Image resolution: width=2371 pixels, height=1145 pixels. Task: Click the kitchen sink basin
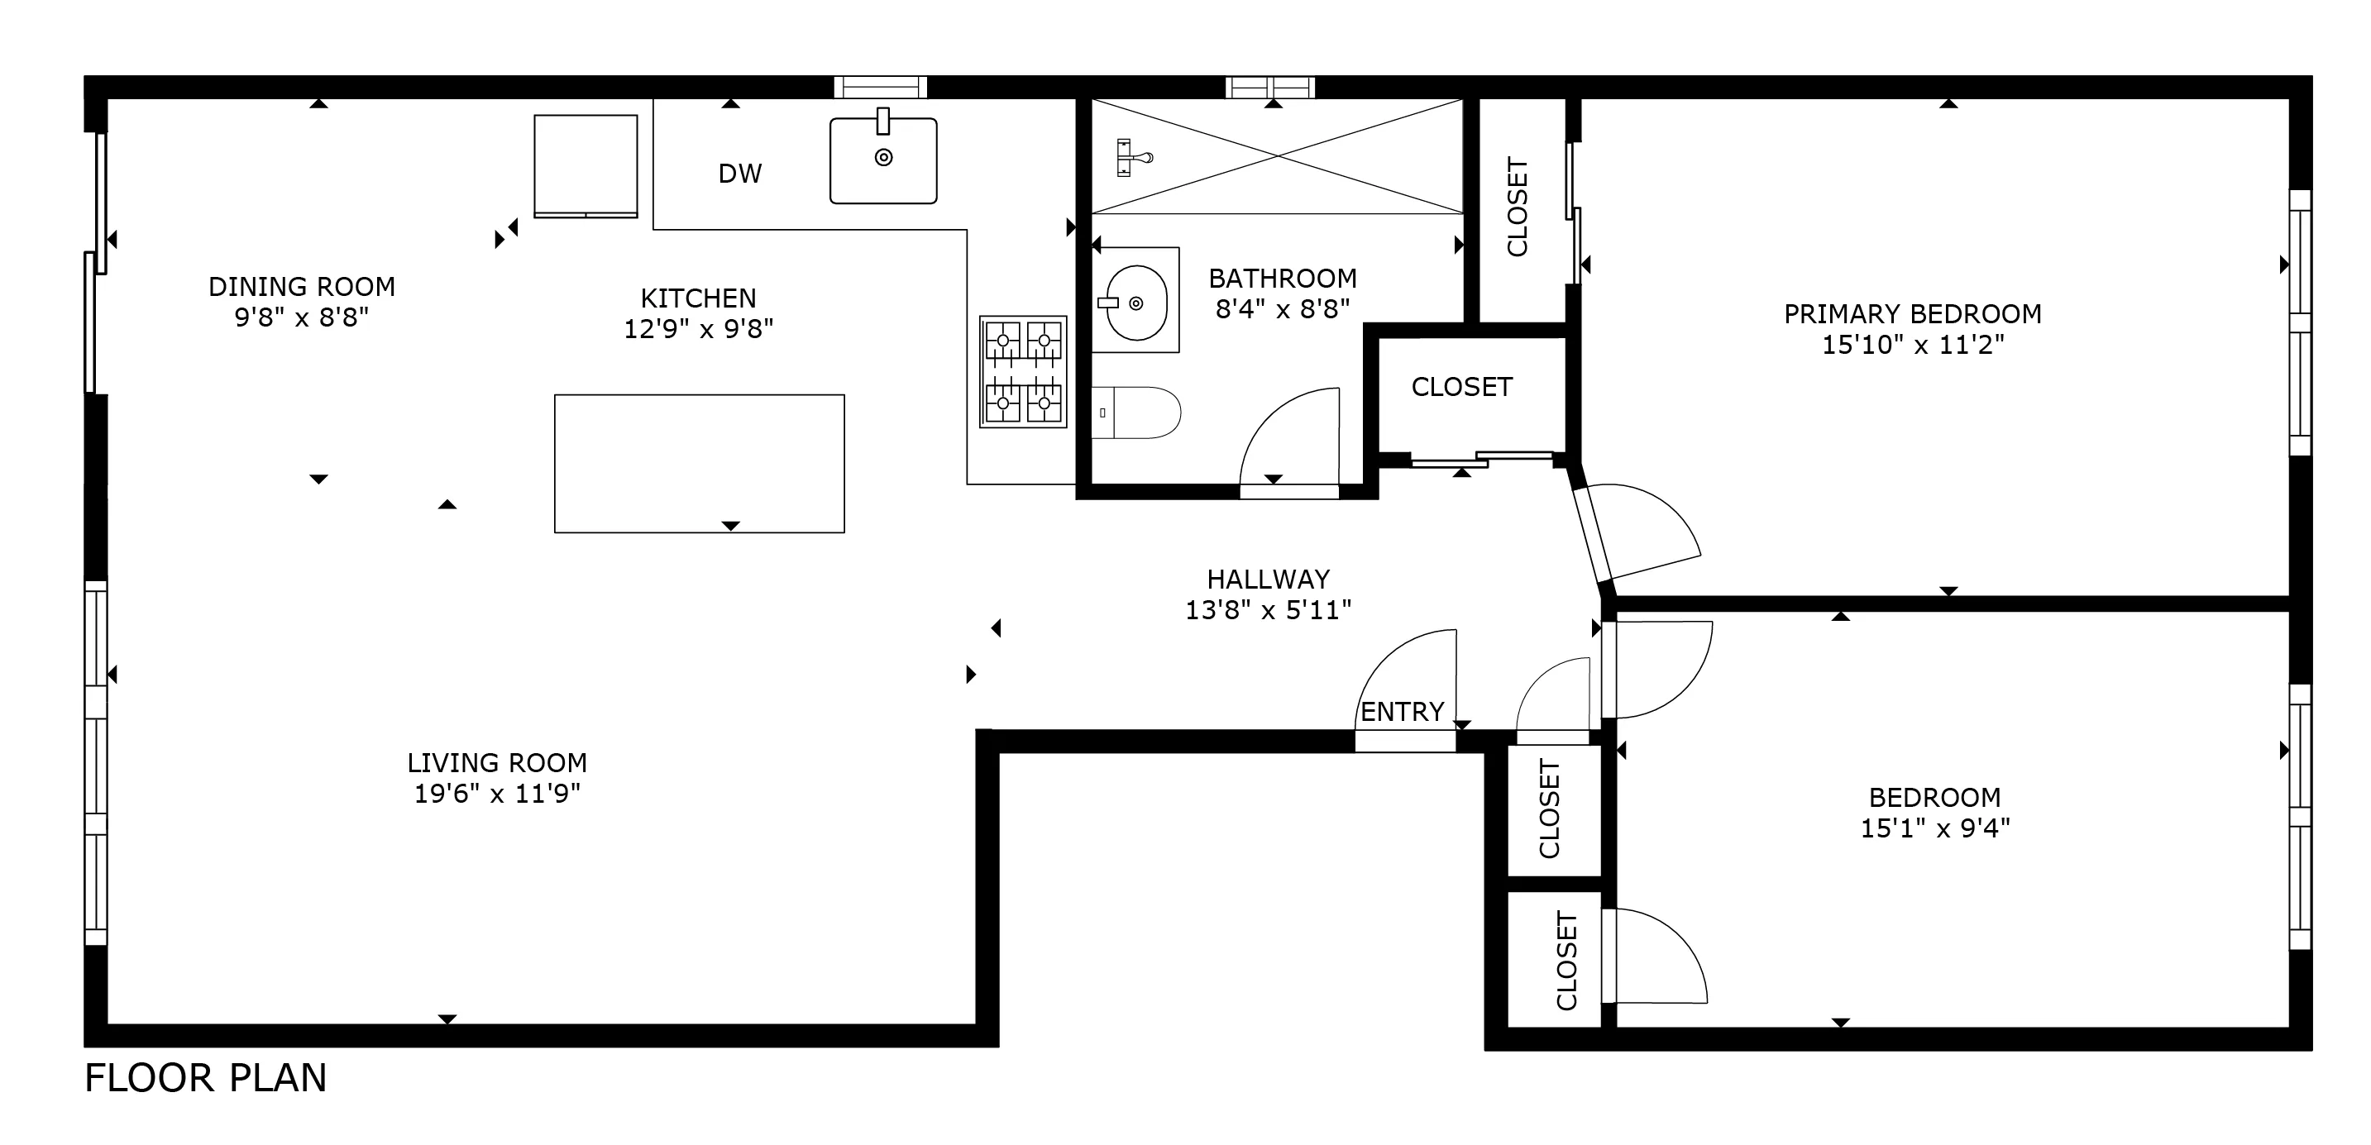pyautogui.click(x=882, y=161)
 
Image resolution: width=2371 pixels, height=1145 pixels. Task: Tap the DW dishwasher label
pyautogui.click(x=740, y=174)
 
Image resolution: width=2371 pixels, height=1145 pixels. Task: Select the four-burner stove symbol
pyautogui.click(x=1023, y=372)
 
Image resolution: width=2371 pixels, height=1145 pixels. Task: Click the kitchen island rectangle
pyautogui.click(x=699, y=463)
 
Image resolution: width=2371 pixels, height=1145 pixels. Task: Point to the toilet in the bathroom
pyautogui.click(x=1139, y=413)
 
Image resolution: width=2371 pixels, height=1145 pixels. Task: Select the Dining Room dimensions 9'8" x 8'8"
pyautogui.click(x=301, y=317)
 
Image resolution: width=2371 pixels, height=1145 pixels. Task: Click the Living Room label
pyautogui.click(x=497, y=763)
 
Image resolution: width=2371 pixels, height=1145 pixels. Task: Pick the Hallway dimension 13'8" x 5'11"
pyautogui.click(x=1268, y=610)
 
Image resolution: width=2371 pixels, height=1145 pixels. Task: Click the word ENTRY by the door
pyautogui.click(x=1402, y=712)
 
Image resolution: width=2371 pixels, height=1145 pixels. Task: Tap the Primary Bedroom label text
pyautogui.click(x=1912, y=315)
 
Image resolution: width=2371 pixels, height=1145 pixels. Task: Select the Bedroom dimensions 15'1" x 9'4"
pyautogui.click(x=1934, y=828)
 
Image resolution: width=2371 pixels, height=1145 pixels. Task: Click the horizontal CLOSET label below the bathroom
pyautogui.click(x=1461, y=388)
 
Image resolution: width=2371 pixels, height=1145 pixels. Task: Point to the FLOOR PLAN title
pyautogui.click(x=205, y=1078)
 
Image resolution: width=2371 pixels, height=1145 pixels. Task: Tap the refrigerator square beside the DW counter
pyautogui.click(x=586, y=165)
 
